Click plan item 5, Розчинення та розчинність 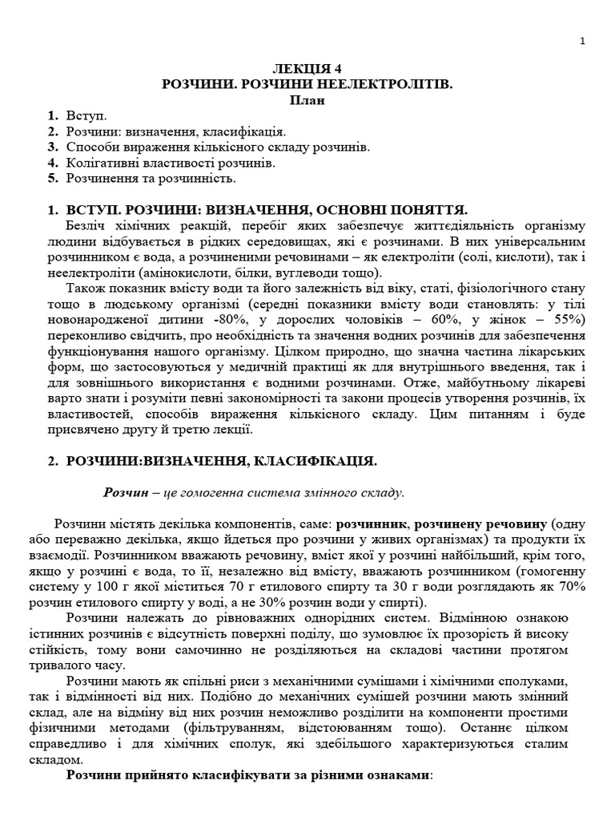150,178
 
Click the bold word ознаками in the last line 396,776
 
